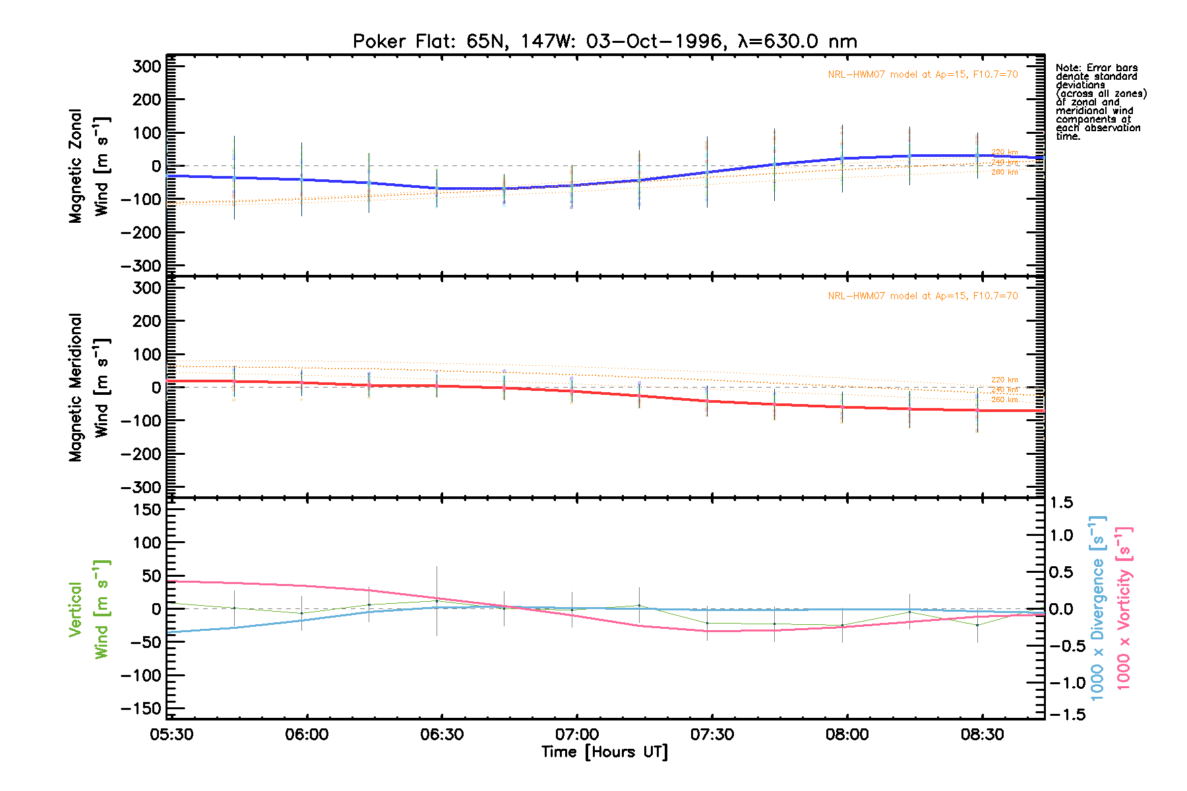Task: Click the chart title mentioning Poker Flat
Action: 605,42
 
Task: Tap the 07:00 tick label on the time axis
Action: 577,734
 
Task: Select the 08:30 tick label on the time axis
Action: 982,734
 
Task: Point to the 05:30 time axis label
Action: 171,734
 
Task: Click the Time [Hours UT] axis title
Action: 605,752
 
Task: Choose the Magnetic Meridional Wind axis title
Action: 89,388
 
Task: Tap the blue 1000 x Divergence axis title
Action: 1097,608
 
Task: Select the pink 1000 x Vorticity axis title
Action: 1124,608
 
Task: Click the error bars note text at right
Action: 1100,102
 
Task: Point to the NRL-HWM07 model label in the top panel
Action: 923,74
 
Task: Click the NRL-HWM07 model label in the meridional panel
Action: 923,296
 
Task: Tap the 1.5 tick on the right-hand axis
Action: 1061,503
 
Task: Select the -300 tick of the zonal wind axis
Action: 140,266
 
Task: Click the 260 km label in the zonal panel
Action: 1004,173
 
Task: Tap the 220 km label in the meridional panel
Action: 1004,380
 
